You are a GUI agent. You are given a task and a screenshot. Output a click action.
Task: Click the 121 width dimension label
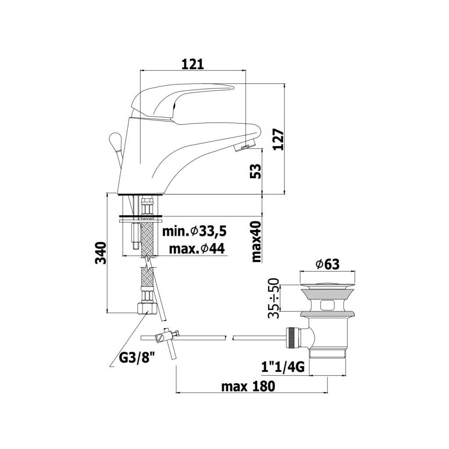[193, 64]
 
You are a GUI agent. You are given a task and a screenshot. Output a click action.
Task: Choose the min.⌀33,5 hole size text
[194, 232]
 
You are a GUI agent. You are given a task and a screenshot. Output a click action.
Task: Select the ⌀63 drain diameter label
[327, 265]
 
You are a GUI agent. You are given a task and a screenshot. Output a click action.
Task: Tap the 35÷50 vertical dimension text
[273, 299]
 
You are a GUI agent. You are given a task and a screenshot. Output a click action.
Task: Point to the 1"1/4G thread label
[283, 368]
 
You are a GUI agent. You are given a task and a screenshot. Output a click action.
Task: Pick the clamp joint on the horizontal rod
[166, 336]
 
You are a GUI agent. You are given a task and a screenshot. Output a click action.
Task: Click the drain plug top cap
[326, 285]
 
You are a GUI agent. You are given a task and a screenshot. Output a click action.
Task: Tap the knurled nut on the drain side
[293, 338]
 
